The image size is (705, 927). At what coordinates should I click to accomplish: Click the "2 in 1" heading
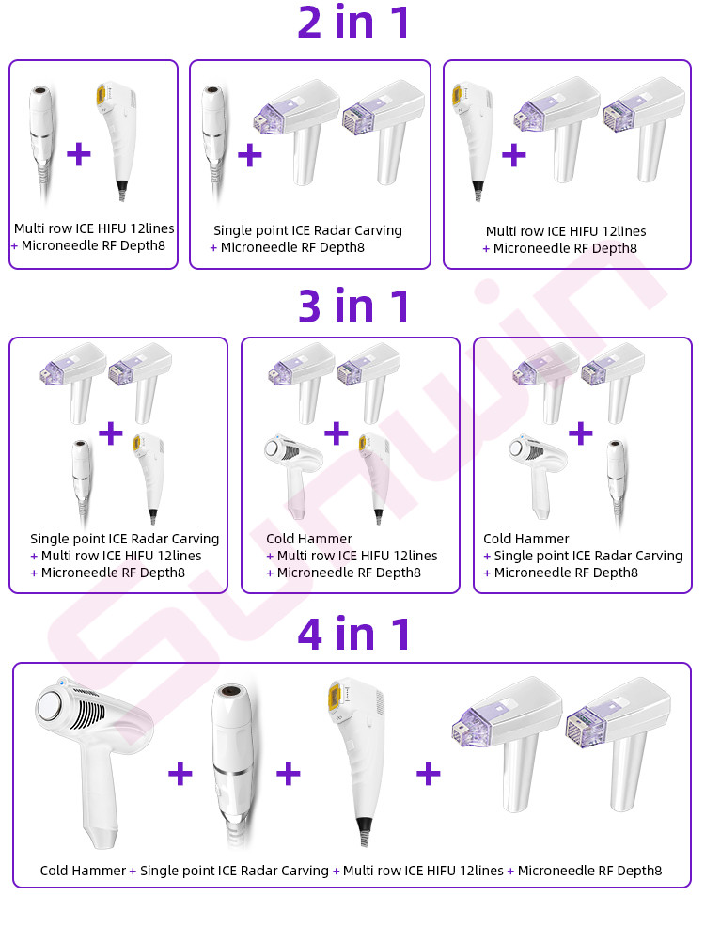click(x=352, y=23)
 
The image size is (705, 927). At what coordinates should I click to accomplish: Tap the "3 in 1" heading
click(x=352, y=306)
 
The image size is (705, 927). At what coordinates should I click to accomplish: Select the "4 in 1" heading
click(x=353, y=634)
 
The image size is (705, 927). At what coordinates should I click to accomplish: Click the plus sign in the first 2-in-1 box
click(x=79, y=154)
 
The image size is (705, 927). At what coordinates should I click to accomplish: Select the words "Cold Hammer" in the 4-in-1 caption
click(x=83, y=871)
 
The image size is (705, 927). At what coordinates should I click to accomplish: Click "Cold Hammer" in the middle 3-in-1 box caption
click(x=309, y=539)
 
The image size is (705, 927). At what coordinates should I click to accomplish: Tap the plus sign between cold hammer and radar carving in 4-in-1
click(x=180, y=774)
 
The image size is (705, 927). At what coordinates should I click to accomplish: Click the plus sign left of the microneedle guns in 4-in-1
click(x=429, y=774)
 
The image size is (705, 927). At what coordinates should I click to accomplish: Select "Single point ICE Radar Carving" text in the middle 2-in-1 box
click(x=307, y=230)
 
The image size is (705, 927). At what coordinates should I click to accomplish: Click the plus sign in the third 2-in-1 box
click(x=513, y=155)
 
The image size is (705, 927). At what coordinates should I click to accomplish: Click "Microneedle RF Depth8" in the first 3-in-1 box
click(x=113, y=573)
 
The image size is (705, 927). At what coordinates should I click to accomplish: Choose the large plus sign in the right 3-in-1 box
click(x=580, y=433)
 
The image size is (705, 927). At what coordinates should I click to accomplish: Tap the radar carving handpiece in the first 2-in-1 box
click(x=41, y=142)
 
